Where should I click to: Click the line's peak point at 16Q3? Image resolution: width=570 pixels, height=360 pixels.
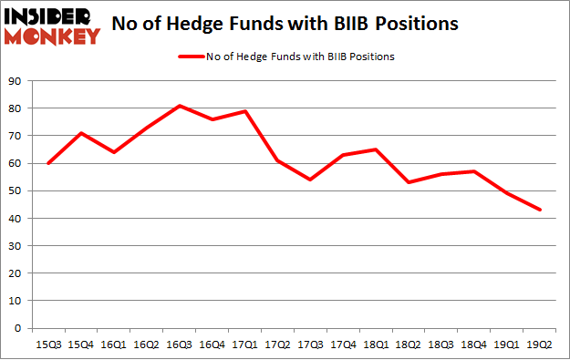point(180,106)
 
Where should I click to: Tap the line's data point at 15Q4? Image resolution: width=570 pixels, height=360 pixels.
point(81,133)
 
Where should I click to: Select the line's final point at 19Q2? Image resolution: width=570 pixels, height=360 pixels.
point(541,210)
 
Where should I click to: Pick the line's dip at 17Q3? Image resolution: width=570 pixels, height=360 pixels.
point(311,180)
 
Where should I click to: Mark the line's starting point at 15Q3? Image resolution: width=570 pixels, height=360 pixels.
point(48,163)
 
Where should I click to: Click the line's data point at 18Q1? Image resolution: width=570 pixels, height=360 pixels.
point(377,149)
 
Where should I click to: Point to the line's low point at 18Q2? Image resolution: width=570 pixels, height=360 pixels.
point(409,182)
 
